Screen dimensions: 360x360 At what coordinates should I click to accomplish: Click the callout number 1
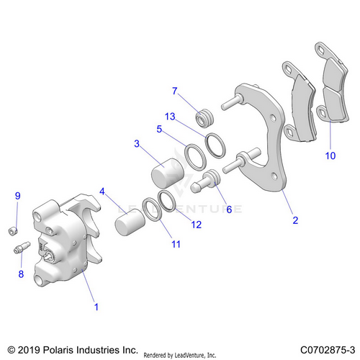pos(96,307)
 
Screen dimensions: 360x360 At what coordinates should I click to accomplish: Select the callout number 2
pos(295,220)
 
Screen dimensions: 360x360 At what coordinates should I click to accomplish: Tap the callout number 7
pos(175,91)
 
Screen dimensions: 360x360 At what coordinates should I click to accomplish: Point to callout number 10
pos(330,156)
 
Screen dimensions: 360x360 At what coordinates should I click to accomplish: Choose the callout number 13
pos(170,117)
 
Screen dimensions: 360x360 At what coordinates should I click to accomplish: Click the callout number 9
pos(18,196)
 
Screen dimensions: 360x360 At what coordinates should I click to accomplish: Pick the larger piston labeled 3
pos(168,173)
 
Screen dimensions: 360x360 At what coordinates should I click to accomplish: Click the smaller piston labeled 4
pos(130,222)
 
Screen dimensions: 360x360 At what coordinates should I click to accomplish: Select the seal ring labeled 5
pos(195,156)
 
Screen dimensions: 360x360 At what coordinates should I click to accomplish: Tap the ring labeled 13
pos(215,145)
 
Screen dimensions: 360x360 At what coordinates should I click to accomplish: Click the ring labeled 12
pos(167,201)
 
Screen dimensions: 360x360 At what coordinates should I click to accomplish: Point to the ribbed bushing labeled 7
pos(204,117)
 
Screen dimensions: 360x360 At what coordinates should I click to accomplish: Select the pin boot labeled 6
pos(205,181)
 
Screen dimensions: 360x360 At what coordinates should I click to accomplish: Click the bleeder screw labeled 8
pos(22,248)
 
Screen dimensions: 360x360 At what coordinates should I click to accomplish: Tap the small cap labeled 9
pos(13,231)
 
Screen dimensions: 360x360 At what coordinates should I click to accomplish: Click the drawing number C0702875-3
pos(328,350)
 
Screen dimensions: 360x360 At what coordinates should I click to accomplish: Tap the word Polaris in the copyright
pos(59,350)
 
